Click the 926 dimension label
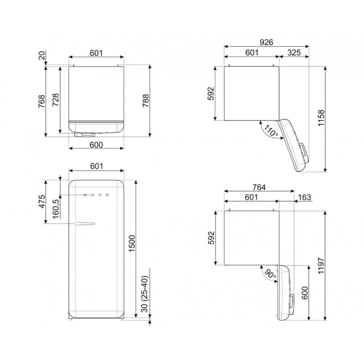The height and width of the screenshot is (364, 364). coord(266,42)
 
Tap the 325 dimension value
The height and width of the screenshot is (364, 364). coord(294,53)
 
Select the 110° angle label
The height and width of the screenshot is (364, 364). coord(271,131)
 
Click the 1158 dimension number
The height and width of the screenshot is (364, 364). coord(321,118)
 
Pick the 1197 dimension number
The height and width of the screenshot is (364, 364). coord(321,266)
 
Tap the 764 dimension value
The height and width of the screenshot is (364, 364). coord(259,187)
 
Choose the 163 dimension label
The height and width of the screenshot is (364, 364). coord(304,197)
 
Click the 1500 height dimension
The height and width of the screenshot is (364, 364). coord(131,243)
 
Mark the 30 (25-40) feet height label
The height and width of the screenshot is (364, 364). coord(144,294)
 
